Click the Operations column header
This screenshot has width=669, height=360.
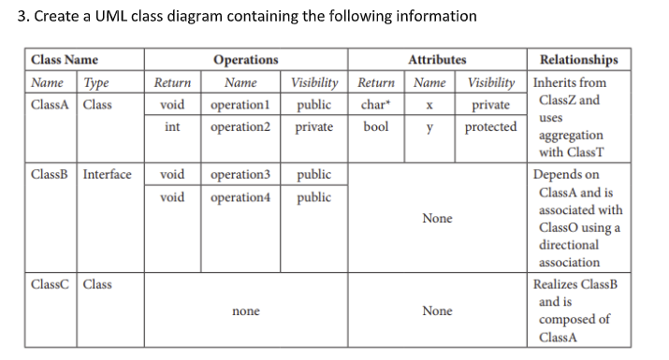[245, 60]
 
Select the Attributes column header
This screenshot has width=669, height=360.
[437, 60]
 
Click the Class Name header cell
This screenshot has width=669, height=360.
[65, 60]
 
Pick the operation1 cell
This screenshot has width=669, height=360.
[240, 104]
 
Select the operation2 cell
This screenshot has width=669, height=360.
[240, 126]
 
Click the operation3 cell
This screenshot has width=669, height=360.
[240, 174]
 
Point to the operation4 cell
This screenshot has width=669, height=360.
[240, 196]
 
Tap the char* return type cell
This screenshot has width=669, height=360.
[375, 104]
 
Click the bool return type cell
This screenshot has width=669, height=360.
[375, 126]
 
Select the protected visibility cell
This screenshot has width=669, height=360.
[490, 126]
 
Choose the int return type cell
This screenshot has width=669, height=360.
[172, 126]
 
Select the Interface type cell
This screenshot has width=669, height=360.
[107, 174]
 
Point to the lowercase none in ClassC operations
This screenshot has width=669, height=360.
[245, 310]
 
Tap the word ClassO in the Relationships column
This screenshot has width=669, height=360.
[559, 227]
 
